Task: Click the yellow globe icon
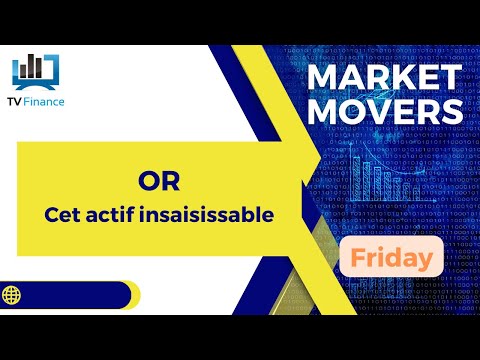point(15,296)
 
